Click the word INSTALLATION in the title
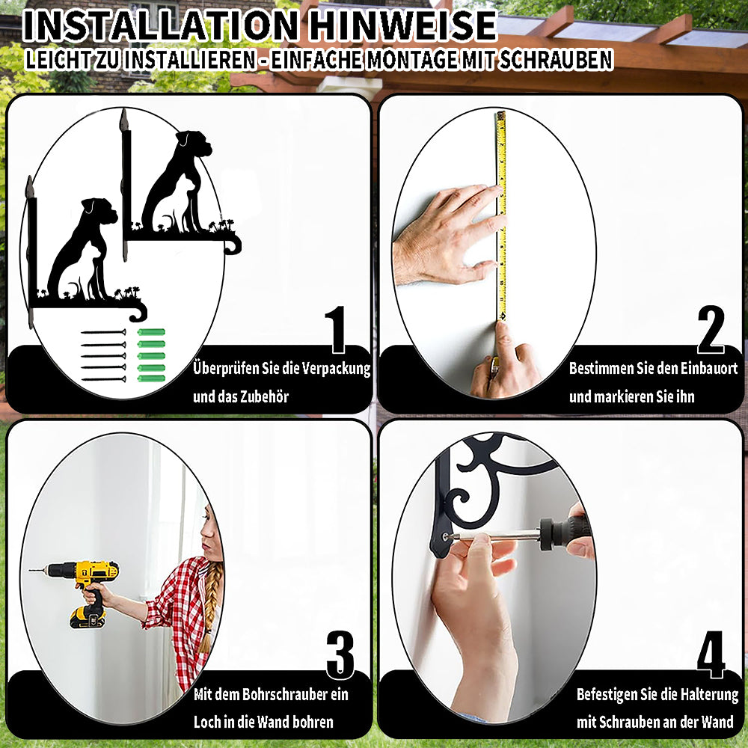tap(160, 25)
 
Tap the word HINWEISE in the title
tap(402, 25)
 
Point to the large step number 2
tap(711, 329)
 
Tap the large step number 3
tap(340, 654)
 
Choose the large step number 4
tap(711, 654)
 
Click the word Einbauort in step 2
tap(709, 368)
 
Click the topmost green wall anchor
tap(151, 332)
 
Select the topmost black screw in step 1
tap(103, 332)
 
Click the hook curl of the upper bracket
tap(233, 245)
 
